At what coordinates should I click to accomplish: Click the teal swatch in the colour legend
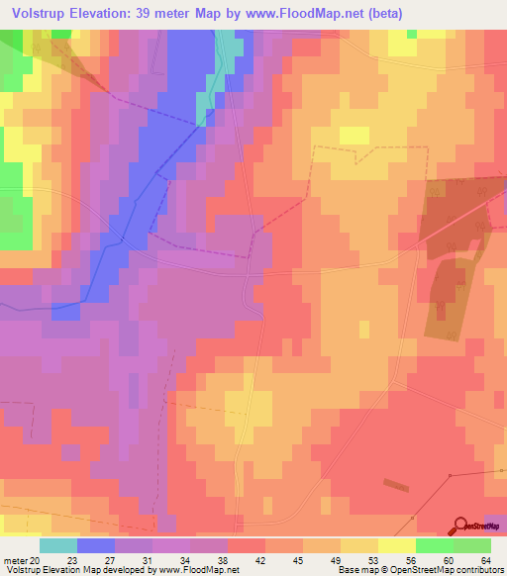[58, 545]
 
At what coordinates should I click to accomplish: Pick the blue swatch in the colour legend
[96, 545]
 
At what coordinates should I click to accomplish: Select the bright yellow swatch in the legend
[397, 545]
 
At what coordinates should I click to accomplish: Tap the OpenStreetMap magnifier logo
[458, 527]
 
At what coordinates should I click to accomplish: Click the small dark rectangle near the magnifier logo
[394, 485]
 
